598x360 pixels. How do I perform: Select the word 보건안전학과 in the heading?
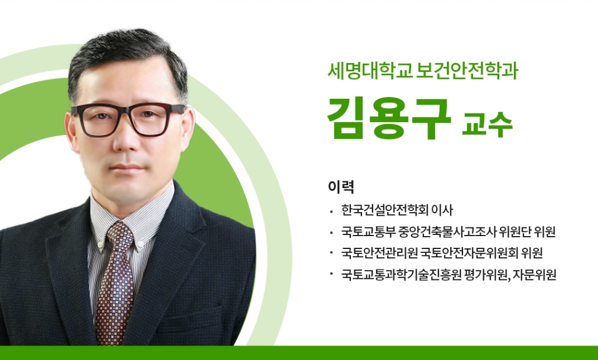(x=467, y=71)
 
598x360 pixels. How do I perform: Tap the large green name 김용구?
(x=389, y=118)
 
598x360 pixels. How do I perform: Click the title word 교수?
(x=487, y=124)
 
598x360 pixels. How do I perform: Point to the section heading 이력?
(x=341, y=186)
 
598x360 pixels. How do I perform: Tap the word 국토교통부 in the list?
(x=368, y=231)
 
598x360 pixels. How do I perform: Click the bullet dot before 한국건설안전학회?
(x=332, y=211)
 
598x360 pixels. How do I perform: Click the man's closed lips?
(x=128, y=168)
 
